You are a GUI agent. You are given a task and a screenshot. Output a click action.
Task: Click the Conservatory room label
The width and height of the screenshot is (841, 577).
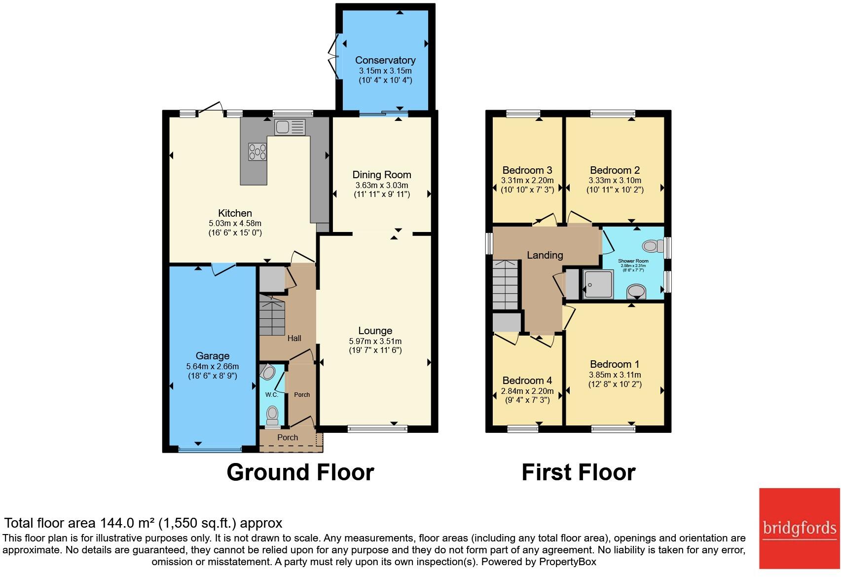pos(385,60)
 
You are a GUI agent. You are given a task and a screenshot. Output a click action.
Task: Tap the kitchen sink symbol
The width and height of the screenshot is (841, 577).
pos(290,127)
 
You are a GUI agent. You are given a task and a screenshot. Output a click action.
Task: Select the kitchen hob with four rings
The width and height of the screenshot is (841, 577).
pos(257,152)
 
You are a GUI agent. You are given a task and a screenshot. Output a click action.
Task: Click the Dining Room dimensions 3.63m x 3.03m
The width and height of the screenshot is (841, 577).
pos(381,186)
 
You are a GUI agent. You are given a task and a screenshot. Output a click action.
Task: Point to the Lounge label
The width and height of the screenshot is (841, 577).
pos(375,331)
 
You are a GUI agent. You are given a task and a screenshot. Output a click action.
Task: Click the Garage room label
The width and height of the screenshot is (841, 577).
pos(212,356)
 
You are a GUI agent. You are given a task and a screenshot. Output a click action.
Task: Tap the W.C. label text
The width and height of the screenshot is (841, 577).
pos(272,395)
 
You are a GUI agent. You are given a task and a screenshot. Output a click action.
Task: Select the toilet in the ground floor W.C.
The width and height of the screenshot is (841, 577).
pos(272,415)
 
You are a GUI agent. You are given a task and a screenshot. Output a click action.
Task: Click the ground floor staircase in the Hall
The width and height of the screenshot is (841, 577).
pos(272,316)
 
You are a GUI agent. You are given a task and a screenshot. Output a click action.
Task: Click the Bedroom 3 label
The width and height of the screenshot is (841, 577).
pos(527,170)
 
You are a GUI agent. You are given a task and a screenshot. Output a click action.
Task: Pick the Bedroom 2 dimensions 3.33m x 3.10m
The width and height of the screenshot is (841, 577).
pos(615,181)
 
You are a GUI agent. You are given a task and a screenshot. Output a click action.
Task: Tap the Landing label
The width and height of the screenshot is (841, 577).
pos(545,255)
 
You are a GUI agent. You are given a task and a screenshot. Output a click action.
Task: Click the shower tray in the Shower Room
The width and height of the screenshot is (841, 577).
pos(598,284)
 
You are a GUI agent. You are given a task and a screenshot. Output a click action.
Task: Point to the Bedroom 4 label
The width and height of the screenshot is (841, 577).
pos(527,381)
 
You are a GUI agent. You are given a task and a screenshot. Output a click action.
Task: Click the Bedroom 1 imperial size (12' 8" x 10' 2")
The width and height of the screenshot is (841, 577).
pos(615,385)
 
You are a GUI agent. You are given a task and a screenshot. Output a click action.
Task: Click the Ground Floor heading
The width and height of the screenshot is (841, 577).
pos(300,472)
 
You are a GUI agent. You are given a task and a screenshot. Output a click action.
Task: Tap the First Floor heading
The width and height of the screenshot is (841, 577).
pos(578,472)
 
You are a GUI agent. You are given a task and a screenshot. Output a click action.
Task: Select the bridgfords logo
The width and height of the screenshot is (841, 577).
pos(799,528)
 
